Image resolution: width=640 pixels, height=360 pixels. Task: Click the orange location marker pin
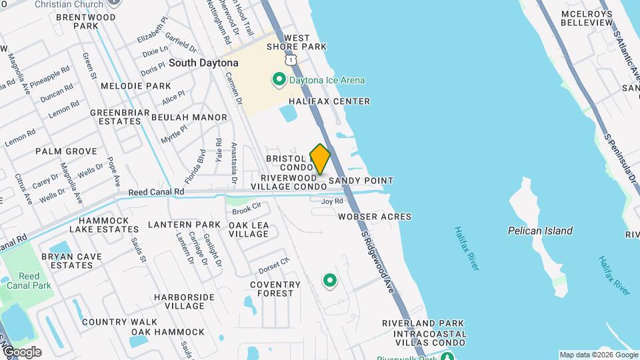(x=321, y=159)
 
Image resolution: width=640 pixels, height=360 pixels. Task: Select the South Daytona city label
(x=203, y=63)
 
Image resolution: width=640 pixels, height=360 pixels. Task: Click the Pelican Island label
(x=540, y=231)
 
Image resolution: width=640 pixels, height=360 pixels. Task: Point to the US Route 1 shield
(x=291, y=60)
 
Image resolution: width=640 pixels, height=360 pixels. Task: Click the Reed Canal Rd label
(x=156, y=192)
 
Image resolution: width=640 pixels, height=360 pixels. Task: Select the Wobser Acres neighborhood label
(x=374, y=217)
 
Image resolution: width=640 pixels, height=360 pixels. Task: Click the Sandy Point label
(x=361, y=181)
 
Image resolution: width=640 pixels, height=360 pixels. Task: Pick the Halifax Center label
(x=329, y=101)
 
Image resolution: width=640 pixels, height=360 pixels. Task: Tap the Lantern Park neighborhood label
(x=184, y=225)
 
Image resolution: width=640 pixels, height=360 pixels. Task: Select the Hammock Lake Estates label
(x=109, y=225)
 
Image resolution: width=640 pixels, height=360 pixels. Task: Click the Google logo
(x=21, y=351)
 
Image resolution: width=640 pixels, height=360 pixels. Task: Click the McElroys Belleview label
(x=587, y=18)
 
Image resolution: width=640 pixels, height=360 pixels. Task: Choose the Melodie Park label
(x=136, y=86)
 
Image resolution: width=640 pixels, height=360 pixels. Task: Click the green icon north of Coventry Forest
(x=329, y=281)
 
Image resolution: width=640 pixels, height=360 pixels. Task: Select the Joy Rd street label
(x=331, y=201)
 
